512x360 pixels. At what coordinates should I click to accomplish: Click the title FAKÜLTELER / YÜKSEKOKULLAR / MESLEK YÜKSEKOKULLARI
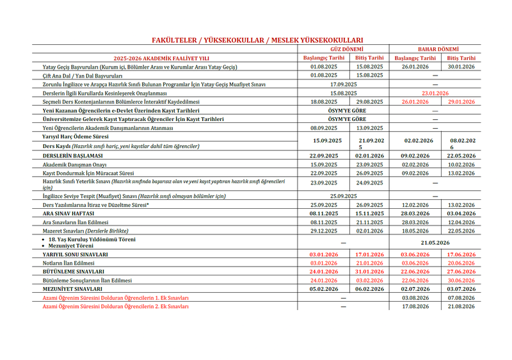click(257, 40)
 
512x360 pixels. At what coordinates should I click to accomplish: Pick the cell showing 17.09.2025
click(343, 84)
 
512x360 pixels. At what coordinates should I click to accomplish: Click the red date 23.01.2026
click(436, 93)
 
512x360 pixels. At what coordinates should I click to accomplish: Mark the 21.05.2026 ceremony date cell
click(436, 243)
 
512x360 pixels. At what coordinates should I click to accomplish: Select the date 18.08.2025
click(324, 102)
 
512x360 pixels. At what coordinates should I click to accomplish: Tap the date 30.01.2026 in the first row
click(461, 67)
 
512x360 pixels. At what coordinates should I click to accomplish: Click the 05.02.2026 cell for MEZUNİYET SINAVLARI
click(324, 289)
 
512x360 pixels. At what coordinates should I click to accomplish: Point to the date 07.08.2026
click(461, 298)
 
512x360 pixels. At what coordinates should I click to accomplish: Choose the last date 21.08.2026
click(461, 307)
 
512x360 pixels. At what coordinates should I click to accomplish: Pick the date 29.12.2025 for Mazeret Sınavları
click(324, 231)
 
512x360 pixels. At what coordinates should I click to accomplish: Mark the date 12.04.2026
click(461, 222)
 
